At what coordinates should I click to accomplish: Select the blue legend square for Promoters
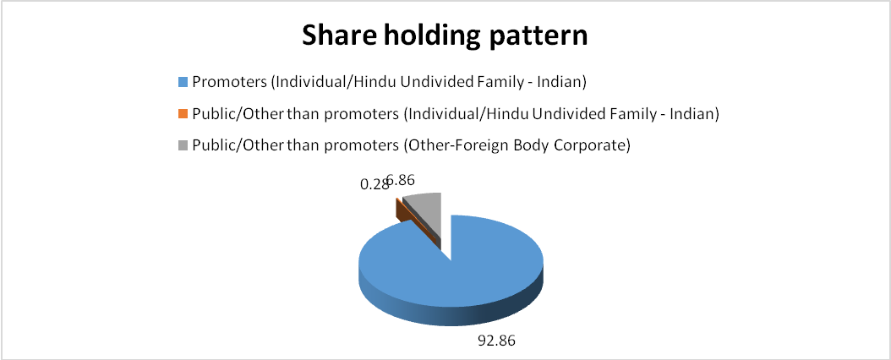point(183,82)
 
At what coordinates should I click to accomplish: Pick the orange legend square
point(183,113)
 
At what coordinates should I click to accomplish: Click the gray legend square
point(183,145)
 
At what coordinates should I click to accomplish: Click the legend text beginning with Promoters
point(389,82)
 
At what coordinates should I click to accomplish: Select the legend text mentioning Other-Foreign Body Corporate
point(412,145)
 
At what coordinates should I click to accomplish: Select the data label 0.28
point(374,184)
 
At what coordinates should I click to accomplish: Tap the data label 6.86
point(401,181)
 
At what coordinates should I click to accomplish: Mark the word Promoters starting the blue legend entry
point(230,82)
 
